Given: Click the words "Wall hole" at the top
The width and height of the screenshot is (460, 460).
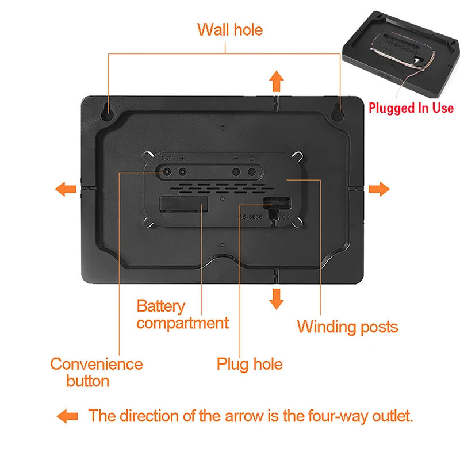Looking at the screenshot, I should coord(229,29).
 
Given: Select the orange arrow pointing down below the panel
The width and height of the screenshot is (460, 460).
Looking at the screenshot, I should coord(277,298).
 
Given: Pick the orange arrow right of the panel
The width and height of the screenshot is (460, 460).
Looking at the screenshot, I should coord(379,189).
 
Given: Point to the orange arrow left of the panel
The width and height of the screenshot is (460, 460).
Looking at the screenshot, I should coord(65,189).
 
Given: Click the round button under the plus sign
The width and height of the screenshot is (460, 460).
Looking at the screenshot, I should coord(182,171).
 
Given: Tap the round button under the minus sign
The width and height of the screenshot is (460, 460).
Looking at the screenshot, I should coord(236,171).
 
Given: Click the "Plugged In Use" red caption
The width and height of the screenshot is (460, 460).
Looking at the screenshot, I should coord(411,108).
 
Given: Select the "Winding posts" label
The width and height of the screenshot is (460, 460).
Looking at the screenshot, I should coord(347,327).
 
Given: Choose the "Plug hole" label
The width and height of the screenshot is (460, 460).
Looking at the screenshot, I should coord(250,363).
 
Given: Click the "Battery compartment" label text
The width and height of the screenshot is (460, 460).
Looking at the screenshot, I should coord(182,314).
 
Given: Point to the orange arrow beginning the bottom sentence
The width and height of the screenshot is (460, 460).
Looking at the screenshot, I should coord(67,416).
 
